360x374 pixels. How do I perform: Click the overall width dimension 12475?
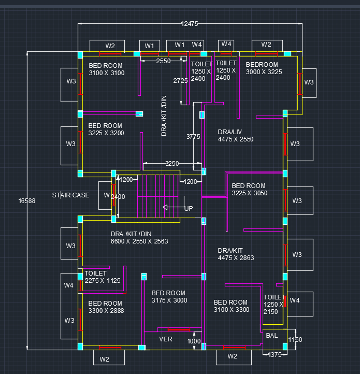190,24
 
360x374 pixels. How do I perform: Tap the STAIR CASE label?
70,195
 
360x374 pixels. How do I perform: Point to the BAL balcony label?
272,336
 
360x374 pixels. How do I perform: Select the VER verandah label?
166,340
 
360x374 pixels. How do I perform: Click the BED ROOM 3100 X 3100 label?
106,69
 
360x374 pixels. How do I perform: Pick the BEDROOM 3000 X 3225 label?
264,68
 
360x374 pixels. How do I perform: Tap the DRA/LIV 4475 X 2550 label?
236,136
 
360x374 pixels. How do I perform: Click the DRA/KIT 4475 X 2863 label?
236,254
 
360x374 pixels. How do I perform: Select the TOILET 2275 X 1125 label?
103,277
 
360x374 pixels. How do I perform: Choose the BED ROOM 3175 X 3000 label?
169,297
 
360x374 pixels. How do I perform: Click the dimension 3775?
193,137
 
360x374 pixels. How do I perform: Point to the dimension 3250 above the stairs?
171,164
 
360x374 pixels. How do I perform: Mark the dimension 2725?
180,81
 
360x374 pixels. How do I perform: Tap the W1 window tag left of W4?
179,45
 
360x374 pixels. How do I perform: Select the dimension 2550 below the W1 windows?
163,61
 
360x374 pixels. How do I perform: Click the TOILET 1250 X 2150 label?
274,305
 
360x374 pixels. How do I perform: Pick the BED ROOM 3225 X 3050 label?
249,189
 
